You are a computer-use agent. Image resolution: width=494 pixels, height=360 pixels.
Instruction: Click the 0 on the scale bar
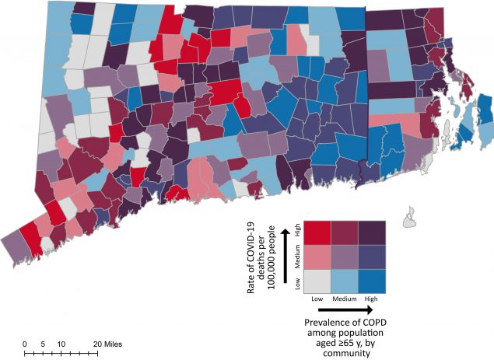tap(24, 344)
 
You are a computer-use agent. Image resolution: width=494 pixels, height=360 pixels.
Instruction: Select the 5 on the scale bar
tap(42, 344)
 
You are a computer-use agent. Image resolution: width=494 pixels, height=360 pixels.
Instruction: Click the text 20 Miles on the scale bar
tap(108, 344)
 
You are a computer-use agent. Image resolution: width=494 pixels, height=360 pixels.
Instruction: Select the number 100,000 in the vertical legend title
tap(272, 269)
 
